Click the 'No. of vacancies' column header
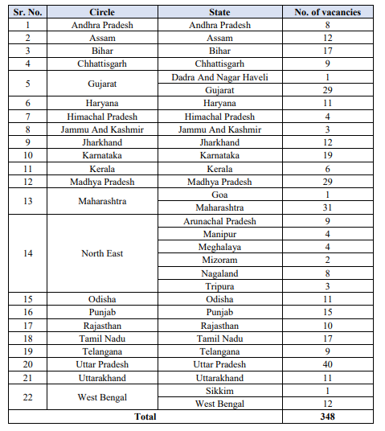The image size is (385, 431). click(x=326, y=12)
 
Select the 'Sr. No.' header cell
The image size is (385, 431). click(x=28, y=12)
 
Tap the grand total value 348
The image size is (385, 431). click(x=326, y=417)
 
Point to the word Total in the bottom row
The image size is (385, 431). click(x=145, y=417)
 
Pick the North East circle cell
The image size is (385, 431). click(x=102, y=253)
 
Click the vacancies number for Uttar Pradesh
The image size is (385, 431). click(x=326, y=364)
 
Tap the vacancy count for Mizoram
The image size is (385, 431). click(x=326, y=260)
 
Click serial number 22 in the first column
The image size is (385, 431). click(x=28, y=396)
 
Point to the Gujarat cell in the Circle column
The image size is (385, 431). click(x=102, y=83)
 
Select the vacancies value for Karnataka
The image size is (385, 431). click(x=326, y=155)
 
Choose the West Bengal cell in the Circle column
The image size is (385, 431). click(x=102, y=396)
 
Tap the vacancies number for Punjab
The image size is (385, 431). click(x=326, y=312)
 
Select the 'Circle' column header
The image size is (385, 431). click(x=102, y=12)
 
